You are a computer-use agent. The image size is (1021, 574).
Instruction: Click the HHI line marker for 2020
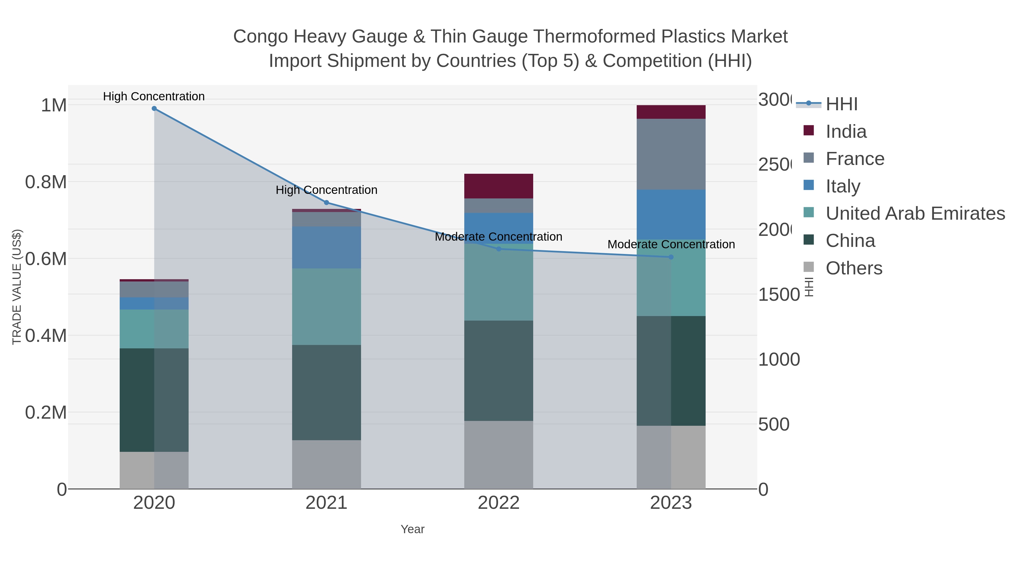coord(154,109)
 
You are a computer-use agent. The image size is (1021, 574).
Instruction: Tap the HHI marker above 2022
coord(499,249)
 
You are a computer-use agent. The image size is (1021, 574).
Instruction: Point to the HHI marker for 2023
coord(671,257)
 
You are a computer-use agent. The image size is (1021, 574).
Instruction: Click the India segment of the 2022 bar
coord(499,186)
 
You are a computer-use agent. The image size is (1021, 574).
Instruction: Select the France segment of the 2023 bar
coord(671,154)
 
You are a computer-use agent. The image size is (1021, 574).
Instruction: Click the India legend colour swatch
coord(809,131)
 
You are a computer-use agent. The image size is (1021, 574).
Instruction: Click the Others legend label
coord(854,268)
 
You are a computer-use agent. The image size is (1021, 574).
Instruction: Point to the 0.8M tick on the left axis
coord(46,182)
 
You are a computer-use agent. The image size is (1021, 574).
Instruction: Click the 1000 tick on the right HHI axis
coord(779,360)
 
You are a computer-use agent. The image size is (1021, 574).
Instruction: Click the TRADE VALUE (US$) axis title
coord(17,287)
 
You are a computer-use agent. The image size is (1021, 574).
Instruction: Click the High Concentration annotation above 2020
coord(154,96)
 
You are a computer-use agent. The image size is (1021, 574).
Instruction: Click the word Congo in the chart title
coord(260,37)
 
